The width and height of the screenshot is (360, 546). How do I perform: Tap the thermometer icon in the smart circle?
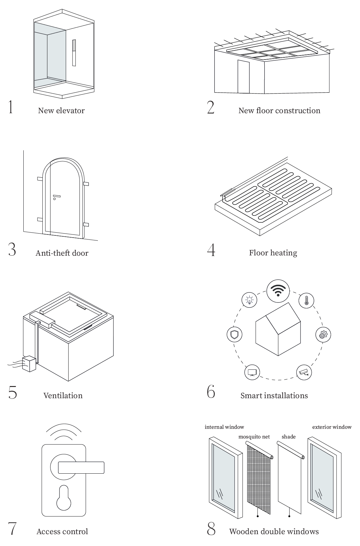(306, 301)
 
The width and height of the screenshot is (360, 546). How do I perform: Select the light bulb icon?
(249, 300)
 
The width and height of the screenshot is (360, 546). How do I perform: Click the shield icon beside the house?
(234, 335)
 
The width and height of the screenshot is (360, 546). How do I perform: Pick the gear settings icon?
(323, 335)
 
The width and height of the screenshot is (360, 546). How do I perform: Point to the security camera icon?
(304, 372)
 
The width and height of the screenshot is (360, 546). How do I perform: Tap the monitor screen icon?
(252, 372)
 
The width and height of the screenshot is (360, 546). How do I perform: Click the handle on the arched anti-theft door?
(56, 196)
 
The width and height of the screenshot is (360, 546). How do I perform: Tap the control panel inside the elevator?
(74, 52)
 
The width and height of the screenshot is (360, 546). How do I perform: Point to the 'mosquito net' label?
(254, 437)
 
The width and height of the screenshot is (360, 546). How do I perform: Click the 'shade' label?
(288, 437)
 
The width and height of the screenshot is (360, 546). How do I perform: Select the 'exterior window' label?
(332, 427)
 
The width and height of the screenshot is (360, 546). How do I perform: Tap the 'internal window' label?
(224, 427)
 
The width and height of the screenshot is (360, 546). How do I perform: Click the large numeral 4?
(211, 250)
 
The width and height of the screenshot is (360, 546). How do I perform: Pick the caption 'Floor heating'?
(273, 253)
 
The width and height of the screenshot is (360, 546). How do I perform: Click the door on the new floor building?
(243, 77)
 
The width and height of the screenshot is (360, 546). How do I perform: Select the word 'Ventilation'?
(63, 395)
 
